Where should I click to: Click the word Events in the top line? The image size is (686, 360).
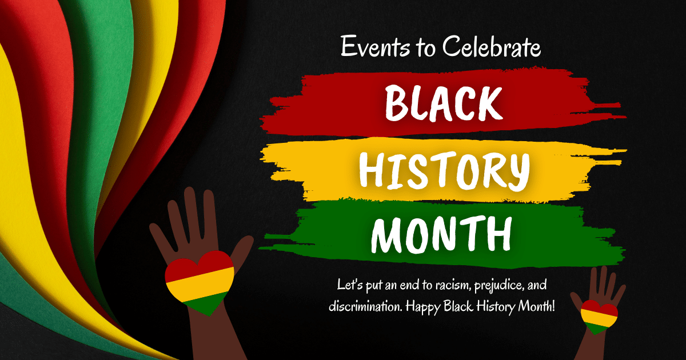pyautogui.click(x=375, y=46)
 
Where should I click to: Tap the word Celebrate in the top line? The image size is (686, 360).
pyautogui.click(x=492, y=46)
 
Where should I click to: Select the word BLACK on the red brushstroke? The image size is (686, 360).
pyautogui.click(x=444, y=104)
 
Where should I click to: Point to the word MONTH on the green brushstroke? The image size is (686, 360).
pyautogui.click(x=441, y=234)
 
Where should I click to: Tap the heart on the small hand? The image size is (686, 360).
pyautogui.click(x=599, y=317)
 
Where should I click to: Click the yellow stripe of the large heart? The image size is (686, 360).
pyautogui.click(x=200, y=284)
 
